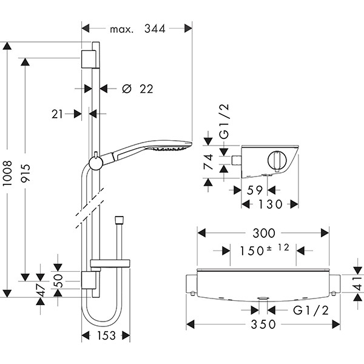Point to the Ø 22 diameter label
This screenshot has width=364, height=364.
point(137,89)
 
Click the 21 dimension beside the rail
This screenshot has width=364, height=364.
point(58,113)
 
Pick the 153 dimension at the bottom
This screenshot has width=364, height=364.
point(106,335)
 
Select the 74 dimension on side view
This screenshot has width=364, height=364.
point(207,161)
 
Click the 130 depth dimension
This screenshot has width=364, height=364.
point(271,204)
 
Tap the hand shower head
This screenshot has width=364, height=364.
point(172,147)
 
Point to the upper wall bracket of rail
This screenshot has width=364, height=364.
point(89,59)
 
